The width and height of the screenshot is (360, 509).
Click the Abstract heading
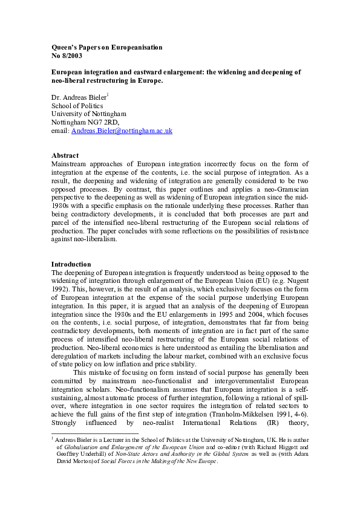pyautogui.click(x=65, y=155)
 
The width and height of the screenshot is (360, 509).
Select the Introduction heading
pyautogui.click(x=71, y=264)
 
